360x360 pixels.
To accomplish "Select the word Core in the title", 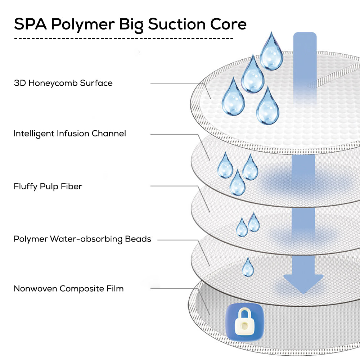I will [228, 24].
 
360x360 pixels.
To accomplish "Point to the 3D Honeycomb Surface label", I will [63, 83].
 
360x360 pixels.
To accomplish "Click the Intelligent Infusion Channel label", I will [70, 134].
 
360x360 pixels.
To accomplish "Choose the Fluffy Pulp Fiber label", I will [48, 186].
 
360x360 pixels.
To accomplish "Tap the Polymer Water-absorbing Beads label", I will [82, 239].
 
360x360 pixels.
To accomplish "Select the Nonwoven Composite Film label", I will [68, 288].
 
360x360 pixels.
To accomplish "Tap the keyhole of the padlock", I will [244, 326].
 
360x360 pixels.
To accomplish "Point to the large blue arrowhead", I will [303, 282].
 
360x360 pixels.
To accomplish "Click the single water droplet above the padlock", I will [247, 267].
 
